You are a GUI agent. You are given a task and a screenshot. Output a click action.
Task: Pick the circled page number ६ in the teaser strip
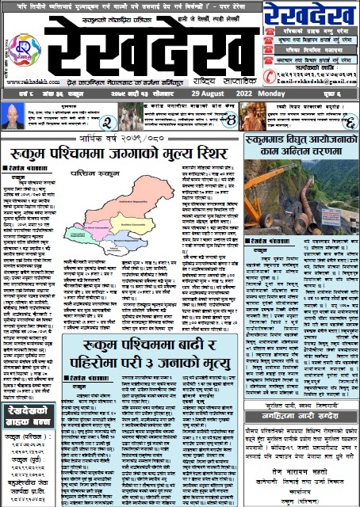click(x=346, y=121)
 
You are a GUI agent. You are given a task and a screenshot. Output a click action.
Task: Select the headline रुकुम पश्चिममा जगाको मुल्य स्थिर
click(x=115, y=153)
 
